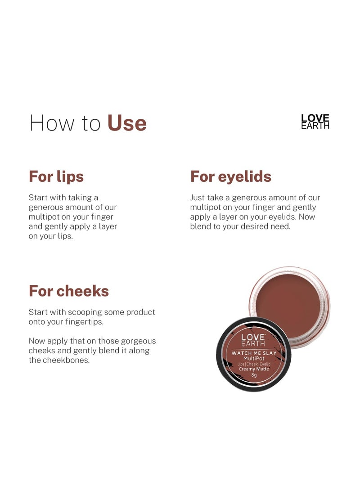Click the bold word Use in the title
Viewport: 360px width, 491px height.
click(x=127, y=123)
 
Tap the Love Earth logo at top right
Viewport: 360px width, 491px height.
click(x=315, y=122)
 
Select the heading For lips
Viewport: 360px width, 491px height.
click(x=56, y=176)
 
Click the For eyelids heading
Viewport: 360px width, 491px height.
click(x=231, y=176)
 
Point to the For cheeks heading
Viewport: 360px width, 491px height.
click(x=69, y=291)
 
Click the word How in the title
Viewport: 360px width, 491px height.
click(x=48, y=123)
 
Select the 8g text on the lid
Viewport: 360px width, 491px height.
click(x=254, y=375)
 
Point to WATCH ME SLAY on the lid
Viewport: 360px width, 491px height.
click(x=254, y=353)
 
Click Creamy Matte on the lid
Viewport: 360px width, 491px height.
click(x=254, y=369)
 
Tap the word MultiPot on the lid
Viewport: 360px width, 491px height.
click(x=254, y=359)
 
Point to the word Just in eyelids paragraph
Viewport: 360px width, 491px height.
click(x=198, y=198)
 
